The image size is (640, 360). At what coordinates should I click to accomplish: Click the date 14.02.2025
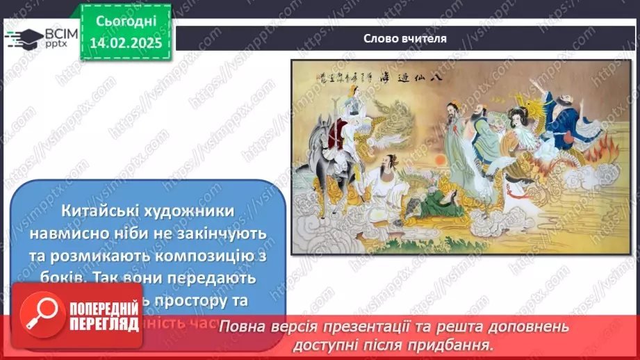(x=126, y=42)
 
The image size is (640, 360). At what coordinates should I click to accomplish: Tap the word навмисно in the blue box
(x=101, y=232)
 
